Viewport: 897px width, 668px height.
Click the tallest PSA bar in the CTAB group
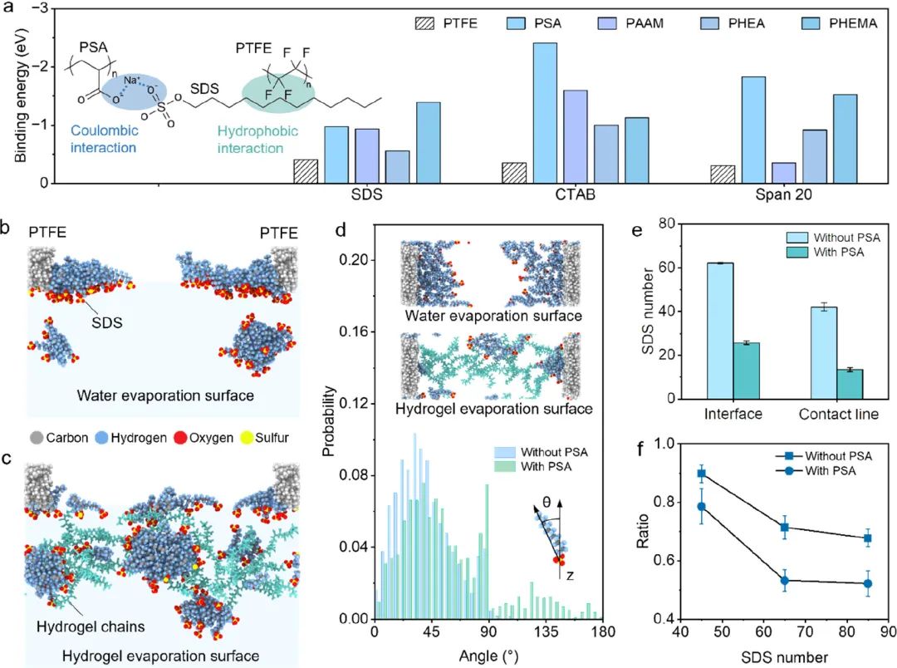(x=545, y=112)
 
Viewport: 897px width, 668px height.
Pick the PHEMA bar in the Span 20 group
(x=845, y=138)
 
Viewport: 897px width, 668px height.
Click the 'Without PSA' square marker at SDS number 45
(x=702, y=474)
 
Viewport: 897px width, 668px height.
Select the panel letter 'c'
(x=12, y=454)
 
